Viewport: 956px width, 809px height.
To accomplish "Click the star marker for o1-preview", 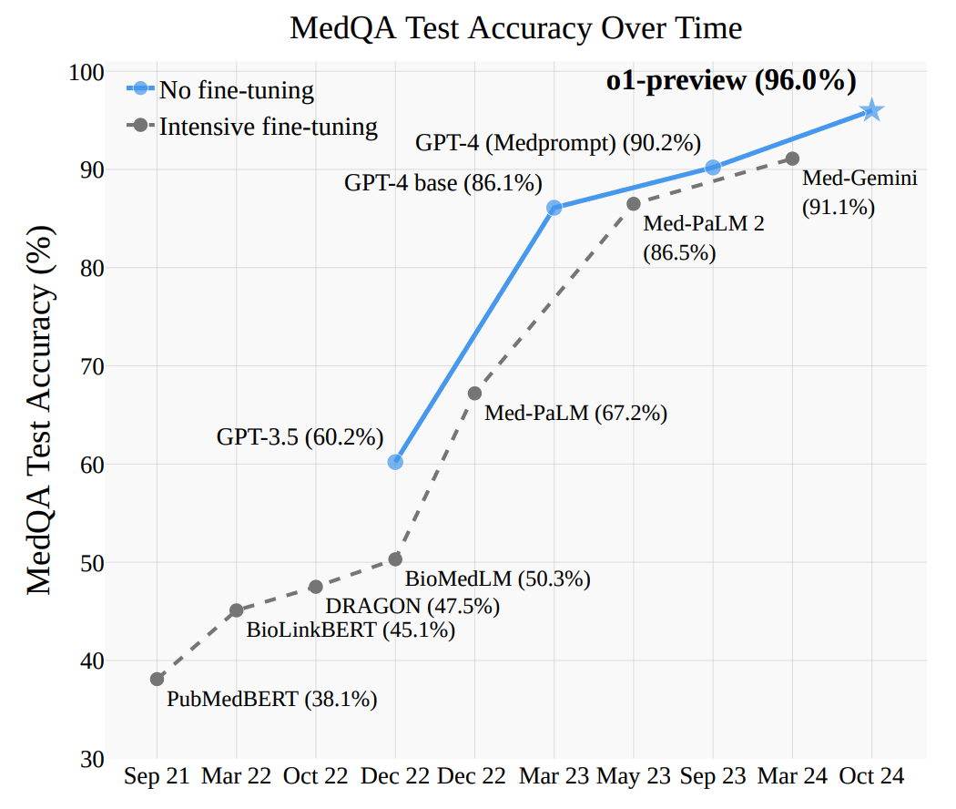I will [871, 110].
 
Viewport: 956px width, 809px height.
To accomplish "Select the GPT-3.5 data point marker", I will [395, 462].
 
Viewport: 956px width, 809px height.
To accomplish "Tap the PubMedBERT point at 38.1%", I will [158, 679].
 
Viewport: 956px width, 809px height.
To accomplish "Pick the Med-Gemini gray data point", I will [792, 159].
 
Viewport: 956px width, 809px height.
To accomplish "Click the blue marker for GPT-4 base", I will [554, 208].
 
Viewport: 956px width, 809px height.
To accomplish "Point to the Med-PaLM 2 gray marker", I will [633, 203].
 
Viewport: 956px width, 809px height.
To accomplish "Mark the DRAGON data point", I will [316, 587].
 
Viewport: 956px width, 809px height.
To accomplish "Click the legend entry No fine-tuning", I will [236, 90].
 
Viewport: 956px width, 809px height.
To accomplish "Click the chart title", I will [515, 28].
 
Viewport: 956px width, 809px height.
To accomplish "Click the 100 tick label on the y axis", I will [88, 72].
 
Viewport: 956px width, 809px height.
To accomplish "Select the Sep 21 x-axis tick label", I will [157, 777].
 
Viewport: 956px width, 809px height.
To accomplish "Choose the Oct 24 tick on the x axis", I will [871, 777].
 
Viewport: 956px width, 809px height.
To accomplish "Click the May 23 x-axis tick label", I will [633, 777].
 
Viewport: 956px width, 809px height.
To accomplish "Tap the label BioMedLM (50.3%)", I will [498, 579].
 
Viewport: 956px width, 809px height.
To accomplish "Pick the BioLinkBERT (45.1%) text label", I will [351, 629].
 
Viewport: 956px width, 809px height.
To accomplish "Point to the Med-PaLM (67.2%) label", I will [575, 413].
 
